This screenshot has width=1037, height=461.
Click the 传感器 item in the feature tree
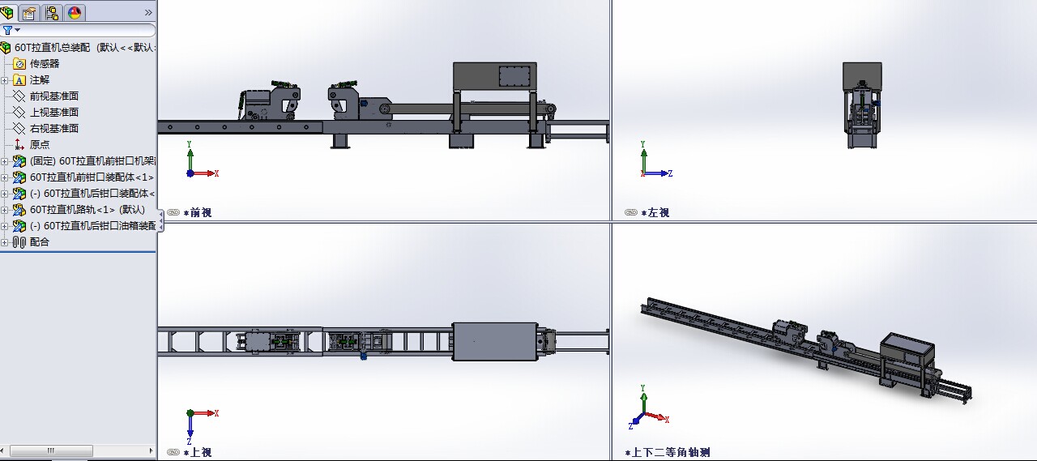(x=45, y=64)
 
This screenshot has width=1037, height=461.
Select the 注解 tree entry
(x=40, y=80)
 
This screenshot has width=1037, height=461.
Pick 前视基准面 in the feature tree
(x=54, y=96)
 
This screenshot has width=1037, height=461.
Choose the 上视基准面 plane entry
(x=54, y=113)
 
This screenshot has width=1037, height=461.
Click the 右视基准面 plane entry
(x=54, y=129)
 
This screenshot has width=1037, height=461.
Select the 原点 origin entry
(x=40, y=145)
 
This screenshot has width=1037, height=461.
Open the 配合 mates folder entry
(x=40, y=242)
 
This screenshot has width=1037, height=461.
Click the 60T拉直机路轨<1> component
(x=87, y=210)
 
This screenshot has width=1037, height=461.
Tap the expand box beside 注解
(x=5, y=80)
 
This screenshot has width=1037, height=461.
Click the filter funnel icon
(x=7, y=31)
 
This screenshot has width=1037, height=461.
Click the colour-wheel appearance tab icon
(x=75, y=12)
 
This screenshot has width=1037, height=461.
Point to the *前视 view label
(x=198, y=213)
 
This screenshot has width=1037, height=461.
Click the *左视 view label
(x=655, y=213)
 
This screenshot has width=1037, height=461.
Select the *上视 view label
(x=198, y=453)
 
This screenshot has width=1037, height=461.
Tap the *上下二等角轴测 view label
(x=667, y=453)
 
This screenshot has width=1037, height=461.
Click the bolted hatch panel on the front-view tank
(x=514, y=76)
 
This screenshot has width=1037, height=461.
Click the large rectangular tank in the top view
(x=495, y=342)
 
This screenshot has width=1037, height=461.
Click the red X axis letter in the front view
(x=216, y=173)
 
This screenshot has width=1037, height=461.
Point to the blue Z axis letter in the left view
(x=670, y=173)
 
